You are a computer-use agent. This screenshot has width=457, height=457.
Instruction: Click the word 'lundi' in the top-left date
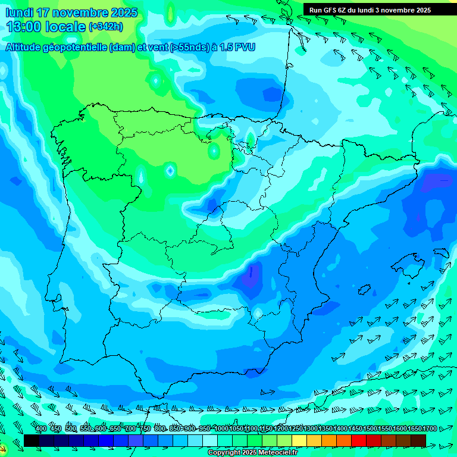pos(19,12)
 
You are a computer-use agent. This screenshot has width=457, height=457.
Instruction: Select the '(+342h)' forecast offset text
pos(106,27)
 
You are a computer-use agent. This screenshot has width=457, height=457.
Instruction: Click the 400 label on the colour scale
pos(41,429)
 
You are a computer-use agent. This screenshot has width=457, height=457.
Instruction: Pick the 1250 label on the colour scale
pos(296,429)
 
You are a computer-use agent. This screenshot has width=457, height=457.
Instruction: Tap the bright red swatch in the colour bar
pos(359,440)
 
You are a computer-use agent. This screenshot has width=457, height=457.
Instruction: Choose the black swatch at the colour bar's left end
pos(32,440)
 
